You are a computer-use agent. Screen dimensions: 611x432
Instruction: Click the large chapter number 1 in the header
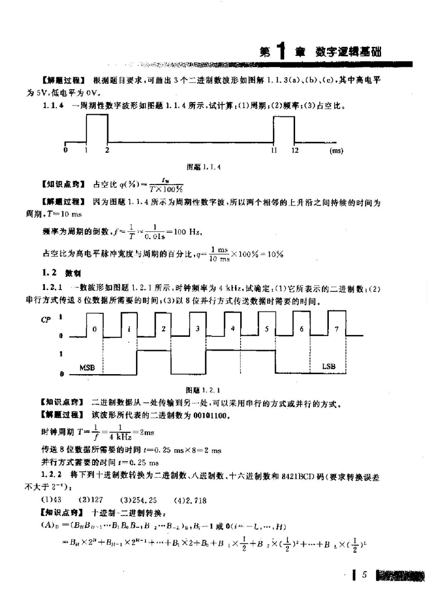[x=281, y=50]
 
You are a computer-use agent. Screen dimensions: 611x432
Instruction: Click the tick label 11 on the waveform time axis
[x=274, y=150]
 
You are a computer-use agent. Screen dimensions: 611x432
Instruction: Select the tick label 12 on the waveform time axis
[x=295, y=150]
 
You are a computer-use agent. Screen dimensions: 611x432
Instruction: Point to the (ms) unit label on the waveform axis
[x=336, y=151]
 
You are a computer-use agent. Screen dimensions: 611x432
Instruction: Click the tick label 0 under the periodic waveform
[x=65, y=150]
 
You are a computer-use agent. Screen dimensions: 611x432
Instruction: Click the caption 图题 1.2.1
[x=203, y=390]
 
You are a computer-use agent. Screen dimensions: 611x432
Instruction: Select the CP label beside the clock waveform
[x=46, y=320]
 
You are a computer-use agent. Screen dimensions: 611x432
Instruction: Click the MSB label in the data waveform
[x=87, y=367]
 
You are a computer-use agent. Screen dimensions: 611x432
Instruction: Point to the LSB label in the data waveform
[x=328, y=366]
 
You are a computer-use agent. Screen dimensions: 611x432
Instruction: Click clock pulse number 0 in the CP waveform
[x=94, y=329]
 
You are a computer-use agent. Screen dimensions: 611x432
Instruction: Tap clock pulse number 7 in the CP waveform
[x=337, y=329]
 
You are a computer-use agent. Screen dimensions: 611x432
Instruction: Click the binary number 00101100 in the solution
[x=210, y=416]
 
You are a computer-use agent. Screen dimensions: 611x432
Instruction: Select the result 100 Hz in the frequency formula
[x=187, y=232]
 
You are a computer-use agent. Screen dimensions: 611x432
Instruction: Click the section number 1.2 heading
[x=49, y=273]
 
